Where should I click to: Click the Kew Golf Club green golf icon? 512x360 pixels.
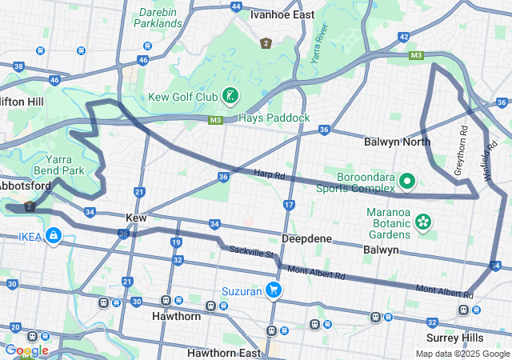(x=230, y=97)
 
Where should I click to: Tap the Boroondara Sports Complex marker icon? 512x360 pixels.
(x=407, y=181)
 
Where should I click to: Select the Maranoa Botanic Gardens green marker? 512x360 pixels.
(x=422, y=220)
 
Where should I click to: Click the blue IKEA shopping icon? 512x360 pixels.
(x=54, y=237)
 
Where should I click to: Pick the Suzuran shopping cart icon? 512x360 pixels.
(x=274, y=291)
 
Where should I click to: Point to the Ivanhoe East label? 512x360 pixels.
(x=282, y=14)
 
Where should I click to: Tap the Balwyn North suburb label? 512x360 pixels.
(x=397, y=142)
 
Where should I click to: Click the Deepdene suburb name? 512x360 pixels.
(x=307, y=239)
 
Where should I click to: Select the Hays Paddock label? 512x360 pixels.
(x=274, y=118)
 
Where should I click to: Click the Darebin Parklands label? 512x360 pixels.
(x=160, y=18)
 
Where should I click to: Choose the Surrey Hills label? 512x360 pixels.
(x=478, y=337)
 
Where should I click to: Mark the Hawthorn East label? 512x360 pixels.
(x=224, y=353)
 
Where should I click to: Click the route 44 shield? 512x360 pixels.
(x=236, y=6)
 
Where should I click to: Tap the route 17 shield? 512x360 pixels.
(x=289, y=206)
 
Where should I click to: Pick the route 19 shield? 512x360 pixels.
(x=176, y=242)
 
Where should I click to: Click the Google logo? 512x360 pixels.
(x=26, y=350)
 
